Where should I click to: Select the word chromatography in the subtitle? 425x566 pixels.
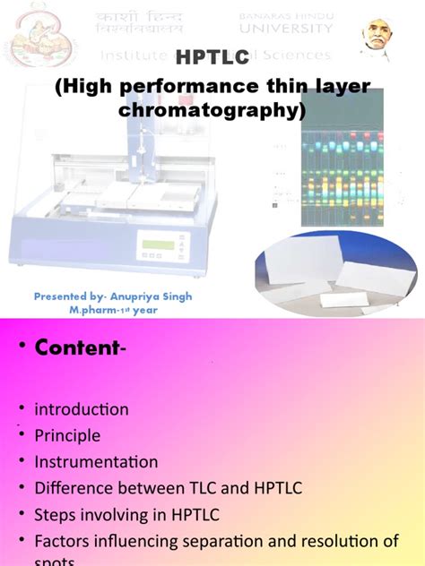212,111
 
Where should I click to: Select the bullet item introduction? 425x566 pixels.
82,409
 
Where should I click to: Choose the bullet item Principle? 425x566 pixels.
67,436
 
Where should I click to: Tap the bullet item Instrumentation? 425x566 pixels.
96,462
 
